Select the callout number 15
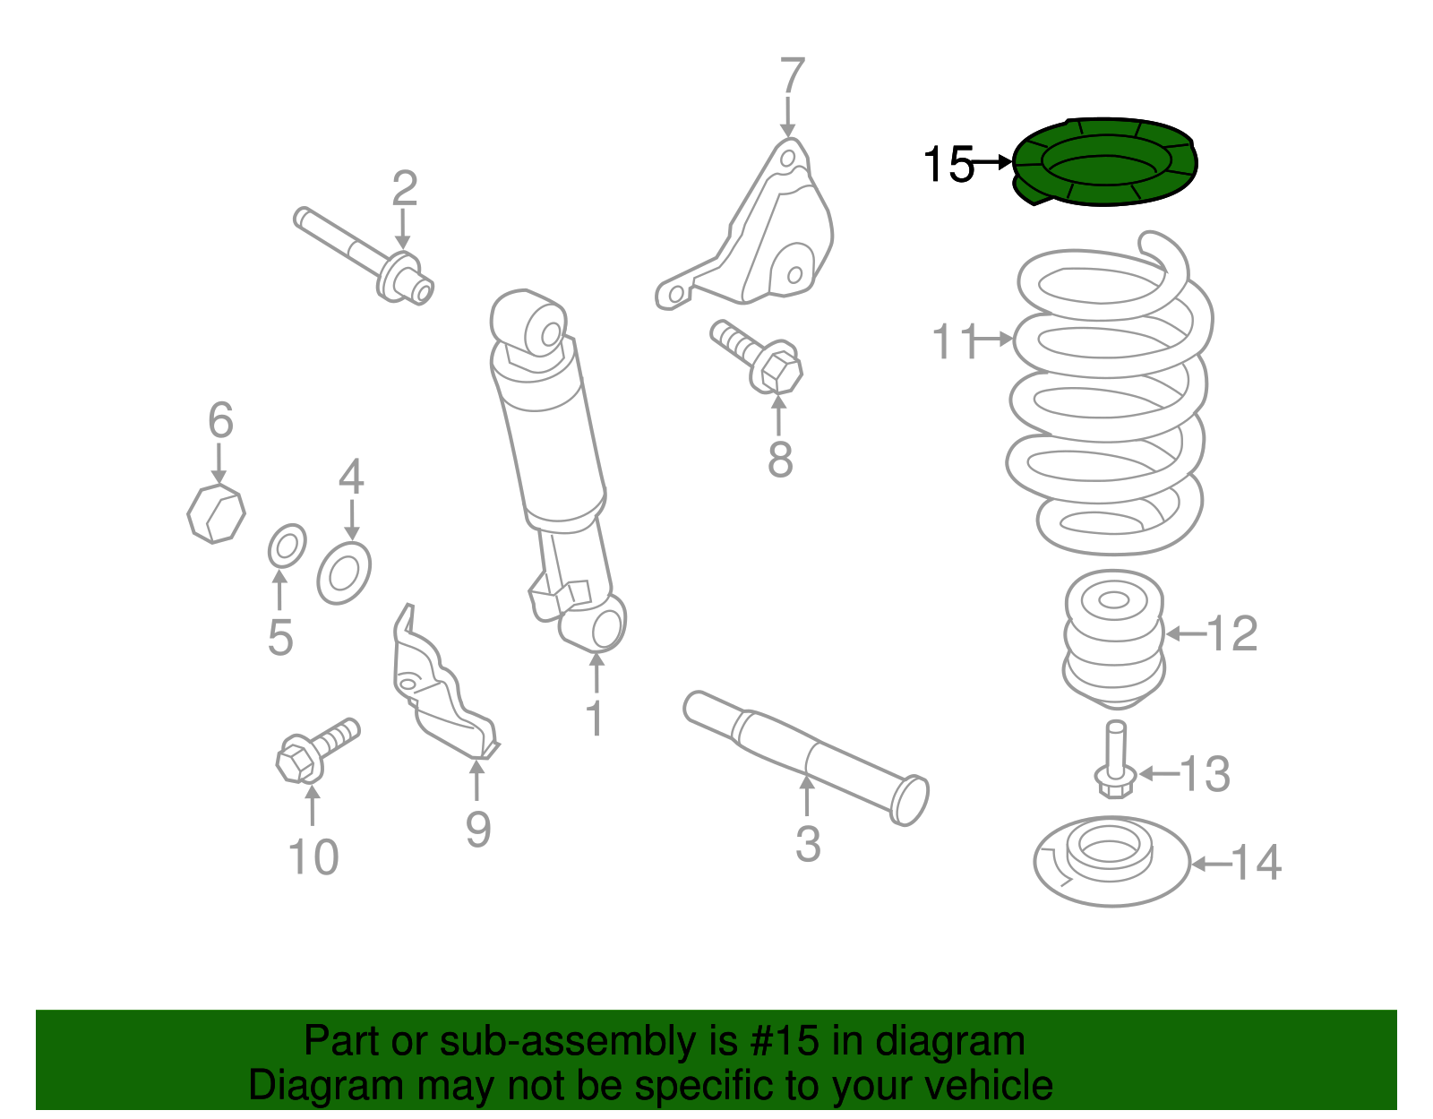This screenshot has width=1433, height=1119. click(948, 165)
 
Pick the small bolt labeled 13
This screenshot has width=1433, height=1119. click(1115, 762)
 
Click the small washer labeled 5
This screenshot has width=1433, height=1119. click(287, 546)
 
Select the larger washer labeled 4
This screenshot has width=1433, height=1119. click(344, 572)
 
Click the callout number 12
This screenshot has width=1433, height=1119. click(1232, 634)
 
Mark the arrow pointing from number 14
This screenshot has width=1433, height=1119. click(1211, 864)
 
